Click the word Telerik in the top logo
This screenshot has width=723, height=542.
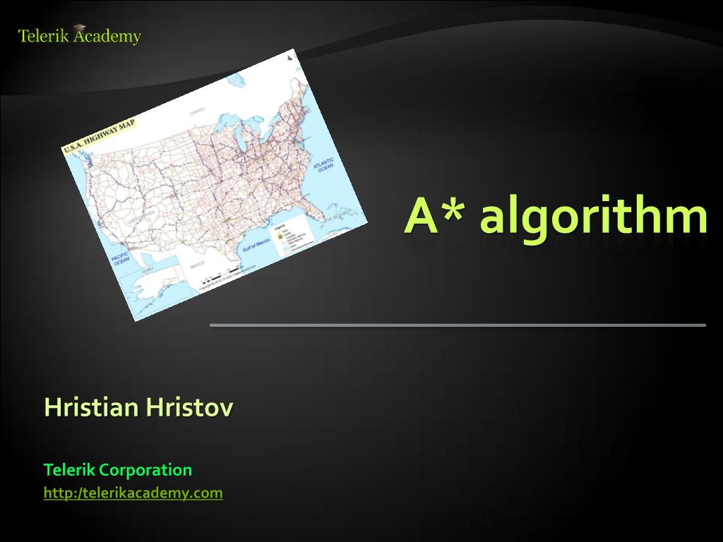point(42,36)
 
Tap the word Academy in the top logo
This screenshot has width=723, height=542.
point(106,36)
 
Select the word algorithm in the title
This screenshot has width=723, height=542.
point(592,217)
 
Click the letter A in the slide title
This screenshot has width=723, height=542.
point(422,217)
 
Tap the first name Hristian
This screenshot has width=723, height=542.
point(91,407)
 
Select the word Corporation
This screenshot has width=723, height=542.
point(145,469)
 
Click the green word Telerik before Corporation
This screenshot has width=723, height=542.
point(69,469)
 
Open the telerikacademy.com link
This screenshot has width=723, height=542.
point(133,493)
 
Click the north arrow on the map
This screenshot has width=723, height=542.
point(291,61)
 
